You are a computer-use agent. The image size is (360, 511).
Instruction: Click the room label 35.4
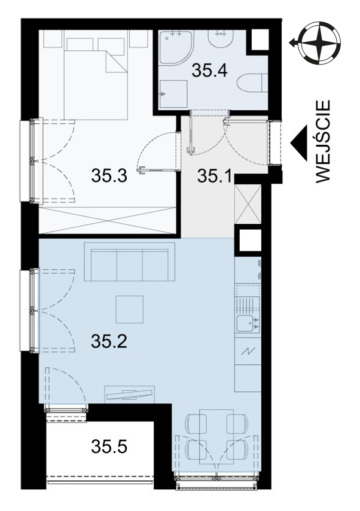(x=209, y=71)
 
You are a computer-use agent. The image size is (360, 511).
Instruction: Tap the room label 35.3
(x=109, y=176)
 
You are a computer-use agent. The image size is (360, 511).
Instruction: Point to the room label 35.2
(x=109, y=342)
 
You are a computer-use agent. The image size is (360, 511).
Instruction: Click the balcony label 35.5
(x=109, y=446)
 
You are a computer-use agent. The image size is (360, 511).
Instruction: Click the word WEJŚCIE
(x=323, y=141)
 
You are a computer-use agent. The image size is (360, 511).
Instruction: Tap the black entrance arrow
(x=299, y=143)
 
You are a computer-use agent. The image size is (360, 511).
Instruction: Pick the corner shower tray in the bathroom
(x=176, y=45)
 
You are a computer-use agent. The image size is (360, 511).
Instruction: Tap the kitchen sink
(x=248, y=323)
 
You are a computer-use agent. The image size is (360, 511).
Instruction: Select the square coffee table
(x=130, y=309)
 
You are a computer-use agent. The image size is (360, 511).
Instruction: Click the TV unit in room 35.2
(x=130, y=394)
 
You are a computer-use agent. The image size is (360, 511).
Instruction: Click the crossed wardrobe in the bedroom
(x=109, y=220)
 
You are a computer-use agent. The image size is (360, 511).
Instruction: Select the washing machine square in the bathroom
(x=173, y=94)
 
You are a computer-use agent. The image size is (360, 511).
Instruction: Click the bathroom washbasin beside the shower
(x=221, y=39)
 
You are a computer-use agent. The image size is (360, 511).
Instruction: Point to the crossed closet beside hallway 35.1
(x=248, y=203)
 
